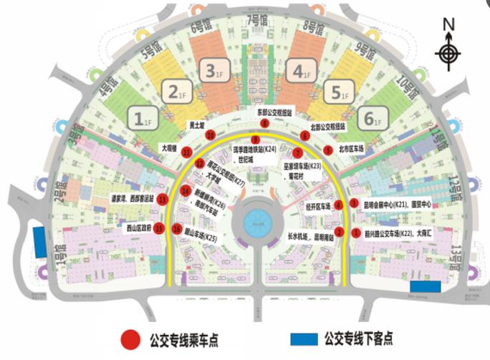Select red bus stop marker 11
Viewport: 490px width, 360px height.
[187, 152]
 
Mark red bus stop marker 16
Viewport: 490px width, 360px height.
[176, 230]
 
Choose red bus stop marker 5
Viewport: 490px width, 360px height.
[327, 150]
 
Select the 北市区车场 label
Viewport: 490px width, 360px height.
[355, 150]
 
